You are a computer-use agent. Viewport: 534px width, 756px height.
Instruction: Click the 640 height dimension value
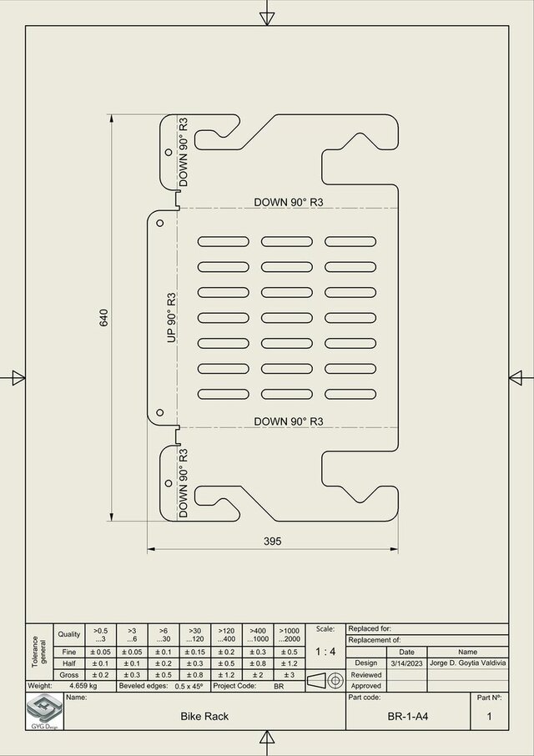pos(104,317)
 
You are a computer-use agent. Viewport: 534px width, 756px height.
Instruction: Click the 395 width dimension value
pos(272,541)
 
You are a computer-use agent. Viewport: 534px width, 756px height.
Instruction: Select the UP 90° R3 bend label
pos(172,317)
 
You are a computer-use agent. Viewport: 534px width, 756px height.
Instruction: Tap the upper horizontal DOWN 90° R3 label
pos(288,203)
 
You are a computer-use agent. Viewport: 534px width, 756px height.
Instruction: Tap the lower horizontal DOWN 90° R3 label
pos(288,421)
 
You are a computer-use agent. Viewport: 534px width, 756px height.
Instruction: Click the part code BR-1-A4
pos(408,716)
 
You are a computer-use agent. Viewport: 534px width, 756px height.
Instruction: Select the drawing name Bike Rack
pos(204,716)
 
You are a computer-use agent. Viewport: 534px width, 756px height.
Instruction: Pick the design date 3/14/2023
pos(406,663)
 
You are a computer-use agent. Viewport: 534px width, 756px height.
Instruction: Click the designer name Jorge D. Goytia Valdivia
pos(467,663)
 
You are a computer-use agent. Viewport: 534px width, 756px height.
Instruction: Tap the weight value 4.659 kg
pos(83,686)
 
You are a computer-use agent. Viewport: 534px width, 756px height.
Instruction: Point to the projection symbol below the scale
pos(325,680)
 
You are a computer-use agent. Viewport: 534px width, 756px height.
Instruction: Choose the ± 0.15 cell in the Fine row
pos(194,652)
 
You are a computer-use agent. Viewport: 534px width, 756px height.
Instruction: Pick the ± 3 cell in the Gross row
pos(289,674)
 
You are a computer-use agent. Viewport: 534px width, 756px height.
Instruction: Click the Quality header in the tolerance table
pos(69,634)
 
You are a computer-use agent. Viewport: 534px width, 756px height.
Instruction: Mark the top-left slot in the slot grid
pos(223,241)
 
